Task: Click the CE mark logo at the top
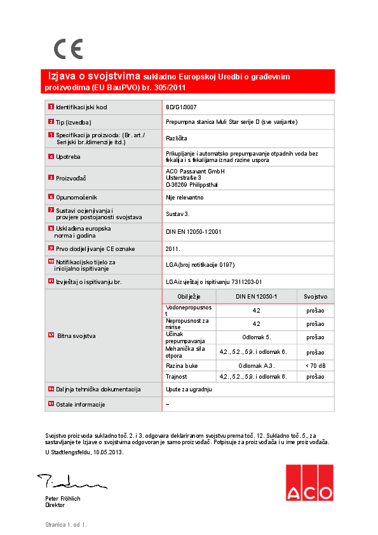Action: click(68, 49)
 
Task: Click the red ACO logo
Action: click(309, 483)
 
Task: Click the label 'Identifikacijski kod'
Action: click(81, 107)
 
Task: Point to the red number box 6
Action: click(51, 198)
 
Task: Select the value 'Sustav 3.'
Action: click(178, 215)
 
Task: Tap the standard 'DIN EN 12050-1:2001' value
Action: click(192, 233)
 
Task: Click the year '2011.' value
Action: click(173, 249)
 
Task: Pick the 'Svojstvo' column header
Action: click(315, 297)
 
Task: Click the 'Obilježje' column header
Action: click(189, 297)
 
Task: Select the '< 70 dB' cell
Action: click(315, 366)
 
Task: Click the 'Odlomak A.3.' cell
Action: click(256, 366)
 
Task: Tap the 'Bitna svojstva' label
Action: click(76, 335)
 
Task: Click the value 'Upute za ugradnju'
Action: click(188, 389)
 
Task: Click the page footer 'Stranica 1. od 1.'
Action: click(65, 525)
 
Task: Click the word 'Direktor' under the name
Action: click(55, 505)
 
